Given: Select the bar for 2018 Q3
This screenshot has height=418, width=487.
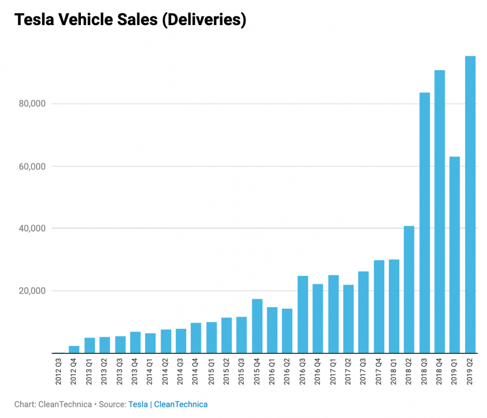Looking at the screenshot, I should click(425, 223).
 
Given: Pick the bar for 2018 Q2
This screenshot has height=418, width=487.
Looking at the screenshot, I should click(409, 289).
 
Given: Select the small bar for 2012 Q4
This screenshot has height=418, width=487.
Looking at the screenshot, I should click(74, 349).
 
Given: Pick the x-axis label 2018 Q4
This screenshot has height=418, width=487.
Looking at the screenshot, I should click(440, 373).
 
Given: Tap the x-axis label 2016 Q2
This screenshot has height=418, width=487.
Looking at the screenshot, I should click(288, 373).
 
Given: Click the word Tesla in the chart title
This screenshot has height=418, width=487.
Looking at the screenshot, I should click(35, 20).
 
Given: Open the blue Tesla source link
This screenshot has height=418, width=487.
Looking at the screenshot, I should click(138, 404).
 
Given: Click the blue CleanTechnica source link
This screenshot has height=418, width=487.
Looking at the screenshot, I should click(181, 404).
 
